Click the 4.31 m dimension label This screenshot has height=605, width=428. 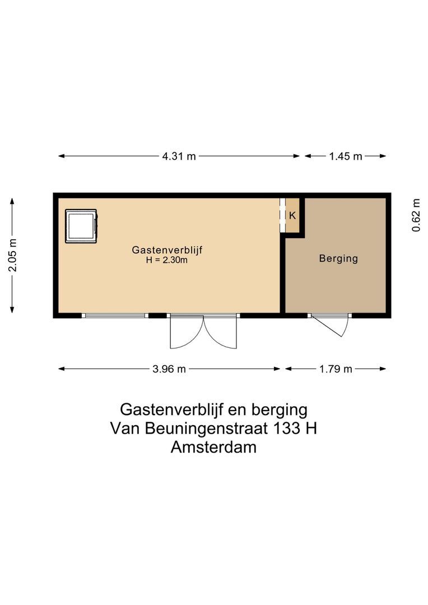(179, 156)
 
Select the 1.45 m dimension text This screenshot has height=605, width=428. (346, 156)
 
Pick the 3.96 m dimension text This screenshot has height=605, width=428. (170, 369)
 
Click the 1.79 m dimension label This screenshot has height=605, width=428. (336, 369)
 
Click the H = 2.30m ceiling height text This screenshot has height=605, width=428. (166, 260)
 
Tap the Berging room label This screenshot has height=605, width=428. (338, 259)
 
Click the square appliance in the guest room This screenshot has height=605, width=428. (81, 226)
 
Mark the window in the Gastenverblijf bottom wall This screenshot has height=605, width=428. (115, 315)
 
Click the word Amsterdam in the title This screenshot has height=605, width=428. (214, 448)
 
